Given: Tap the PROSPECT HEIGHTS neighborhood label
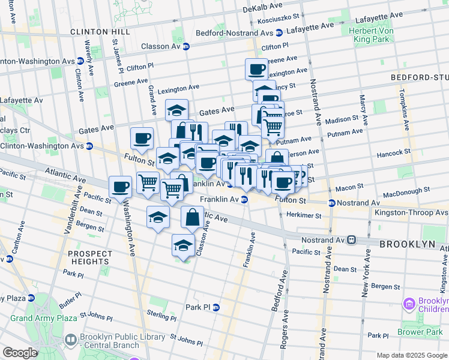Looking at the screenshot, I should tap(89, 257).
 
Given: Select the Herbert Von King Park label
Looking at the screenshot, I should tap(370, 35).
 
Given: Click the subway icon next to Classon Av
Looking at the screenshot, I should tap(186, 46).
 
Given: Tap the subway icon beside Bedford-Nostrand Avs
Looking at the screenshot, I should tap(279, 33).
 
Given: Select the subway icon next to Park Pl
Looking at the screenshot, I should tap(216, 307).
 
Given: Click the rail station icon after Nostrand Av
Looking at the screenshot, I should tap(352, 240).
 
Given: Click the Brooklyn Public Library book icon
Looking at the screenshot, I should tap(71, 340).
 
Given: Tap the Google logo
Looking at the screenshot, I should tap(20, 353).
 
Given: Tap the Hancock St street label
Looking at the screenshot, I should tap(393, 154).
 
